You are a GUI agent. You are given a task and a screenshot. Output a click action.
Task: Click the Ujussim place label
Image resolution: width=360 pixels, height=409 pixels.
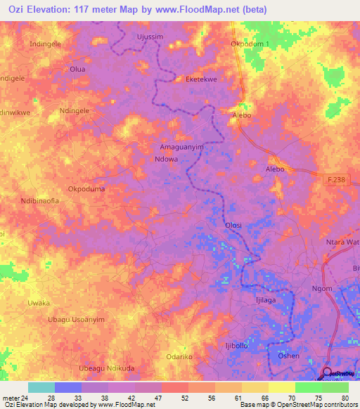pos(149,36)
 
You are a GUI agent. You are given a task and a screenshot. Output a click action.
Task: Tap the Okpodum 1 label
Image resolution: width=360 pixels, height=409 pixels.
pos(250,44)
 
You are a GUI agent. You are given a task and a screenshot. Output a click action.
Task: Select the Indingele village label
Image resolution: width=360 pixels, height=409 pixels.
pos(46,44)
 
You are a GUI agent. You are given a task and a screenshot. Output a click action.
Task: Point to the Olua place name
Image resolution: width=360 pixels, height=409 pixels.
pos(77,69)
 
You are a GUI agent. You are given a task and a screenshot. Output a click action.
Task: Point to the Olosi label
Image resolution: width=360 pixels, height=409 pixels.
pos(233,225)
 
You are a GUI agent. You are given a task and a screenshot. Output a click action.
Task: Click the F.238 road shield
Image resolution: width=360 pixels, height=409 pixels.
pos(337,181)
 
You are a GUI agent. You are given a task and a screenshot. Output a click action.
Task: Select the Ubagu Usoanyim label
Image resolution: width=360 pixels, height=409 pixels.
pos(76,319)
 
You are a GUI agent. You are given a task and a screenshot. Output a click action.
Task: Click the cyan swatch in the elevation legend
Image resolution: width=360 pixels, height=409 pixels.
pos(41,387)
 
